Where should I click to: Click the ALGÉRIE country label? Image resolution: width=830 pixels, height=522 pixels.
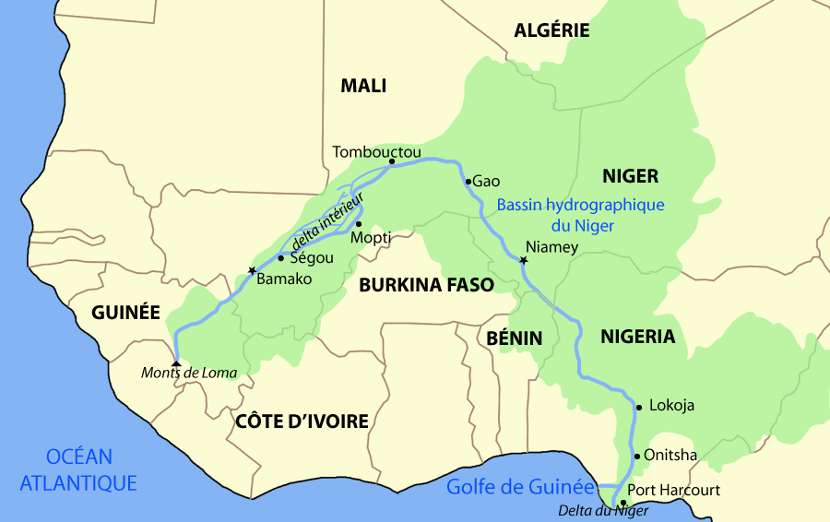click(x=551, y=30)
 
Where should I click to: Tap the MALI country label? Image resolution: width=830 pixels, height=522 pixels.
click(x=363, y=87)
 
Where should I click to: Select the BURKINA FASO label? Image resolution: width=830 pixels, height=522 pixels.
click(x=426, y=285)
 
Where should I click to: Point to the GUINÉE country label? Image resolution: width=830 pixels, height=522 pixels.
click(x=125, y=313)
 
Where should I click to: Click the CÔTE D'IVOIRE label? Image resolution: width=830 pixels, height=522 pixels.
click(x=302, y=421)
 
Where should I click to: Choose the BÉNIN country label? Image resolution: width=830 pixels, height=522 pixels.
click(x=514, y=338)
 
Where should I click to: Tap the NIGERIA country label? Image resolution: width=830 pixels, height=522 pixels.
click(x=638, y=337)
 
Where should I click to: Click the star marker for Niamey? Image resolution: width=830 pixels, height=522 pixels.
click(x=523, y=261)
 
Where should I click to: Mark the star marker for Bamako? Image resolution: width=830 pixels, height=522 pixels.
click(x=251, y=270)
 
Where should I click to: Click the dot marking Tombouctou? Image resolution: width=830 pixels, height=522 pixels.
click(x=392, y=161)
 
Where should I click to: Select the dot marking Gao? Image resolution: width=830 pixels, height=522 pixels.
click(x=468, y=181)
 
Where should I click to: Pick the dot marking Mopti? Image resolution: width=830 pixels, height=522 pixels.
click(x=358, y=224)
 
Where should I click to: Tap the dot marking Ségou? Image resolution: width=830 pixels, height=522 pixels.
click(x=280, y=258)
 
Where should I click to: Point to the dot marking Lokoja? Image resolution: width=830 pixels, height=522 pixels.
click(x=637, y=406)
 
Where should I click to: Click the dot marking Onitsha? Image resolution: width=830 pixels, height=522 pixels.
click(x=636, y=456)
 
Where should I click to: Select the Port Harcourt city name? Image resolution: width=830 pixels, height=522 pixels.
click(x=673, y=490)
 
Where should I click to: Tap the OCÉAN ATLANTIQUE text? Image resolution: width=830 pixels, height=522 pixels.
click(x=78, y=469)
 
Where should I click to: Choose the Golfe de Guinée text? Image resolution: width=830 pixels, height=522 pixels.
click(x=520, y=487)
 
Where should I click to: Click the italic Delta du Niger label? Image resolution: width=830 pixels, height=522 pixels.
click(x=603, y=511)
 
